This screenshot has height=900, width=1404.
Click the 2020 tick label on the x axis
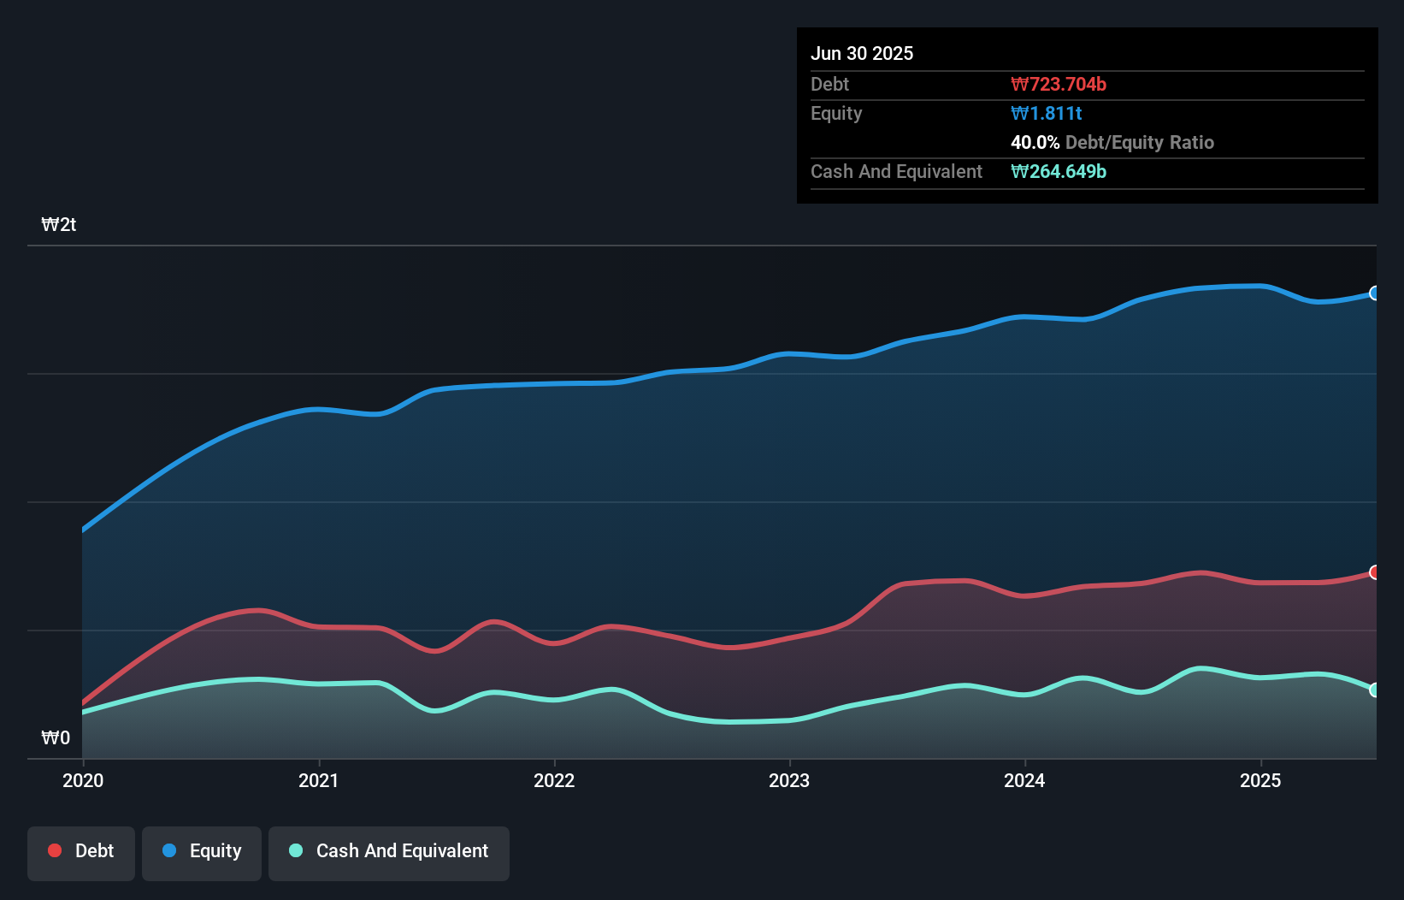click(83, 780)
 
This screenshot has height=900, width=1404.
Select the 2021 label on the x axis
click(318, 780)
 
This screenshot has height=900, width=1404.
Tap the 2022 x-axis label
click(554, 780)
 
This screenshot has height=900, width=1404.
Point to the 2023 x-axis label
click(789, 780)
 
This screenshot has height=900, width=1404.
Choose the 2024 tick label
click(1024, 780)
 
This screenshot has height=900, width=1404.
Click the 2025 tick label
click(1260, 780)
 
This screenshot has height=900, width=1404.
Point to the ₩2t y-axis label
click(59, 225)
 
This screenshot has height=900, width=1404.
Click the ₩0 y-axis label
click(56, 737)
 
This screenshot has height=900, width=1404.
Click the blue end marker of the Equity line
click(1374, 293)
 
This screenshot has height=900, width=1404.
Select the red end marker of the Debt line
click(1374, 572)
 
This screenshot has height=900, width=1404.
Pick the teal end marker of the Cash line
click(1374, 690)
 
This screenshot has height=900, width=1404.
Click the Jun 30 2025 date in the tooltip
click(862, 53)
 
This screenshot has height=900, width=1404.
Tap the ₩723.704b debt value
click(1059, 84)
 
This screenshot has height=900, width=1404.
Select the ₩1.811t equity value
click(1047, 113)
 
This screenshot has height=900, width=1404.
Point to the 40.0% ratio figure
click(1035, 142)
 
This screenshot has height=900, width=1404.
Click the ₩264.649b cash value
click(1059, 171)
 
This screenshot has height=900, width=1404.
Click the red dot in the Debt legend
click(55, 850)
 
